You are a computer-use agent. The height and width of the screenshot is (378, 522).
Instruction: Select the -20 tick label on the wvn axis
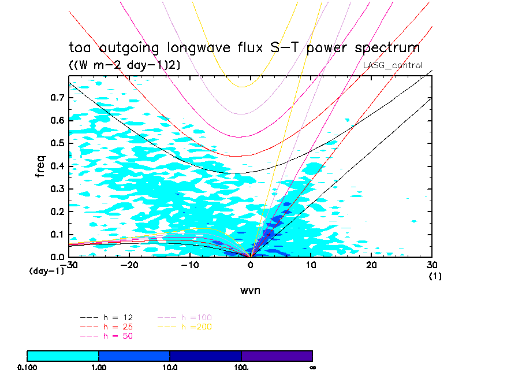[130, 265]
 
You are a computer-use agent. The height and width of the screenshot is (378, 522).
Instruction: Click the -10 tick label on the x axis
[191, 265]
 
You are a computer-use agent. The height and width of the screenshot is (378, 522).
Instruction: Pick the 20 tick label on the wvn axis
[372, 265]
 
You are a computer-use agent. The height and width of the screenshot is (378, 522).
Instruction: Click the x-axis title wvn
[250, 290]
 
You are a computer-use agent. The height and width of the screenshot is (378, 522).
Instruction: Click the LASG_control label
[393, 65]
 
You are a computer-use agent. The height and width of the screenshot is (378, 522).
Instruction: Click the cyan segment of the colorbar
[63, 355]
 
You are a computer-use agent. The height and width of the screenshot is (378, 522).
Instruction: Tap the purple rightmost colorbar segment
[277, 355]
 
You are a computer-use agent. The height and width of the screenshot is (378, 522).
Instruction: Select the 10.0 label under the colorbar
[170, 367]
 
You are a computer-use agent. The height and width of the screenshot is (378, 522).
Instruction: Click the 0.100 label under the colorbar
[27, 367]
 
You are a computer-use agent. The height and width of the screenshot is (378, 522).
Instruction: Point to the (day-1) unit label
[46, 270]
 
